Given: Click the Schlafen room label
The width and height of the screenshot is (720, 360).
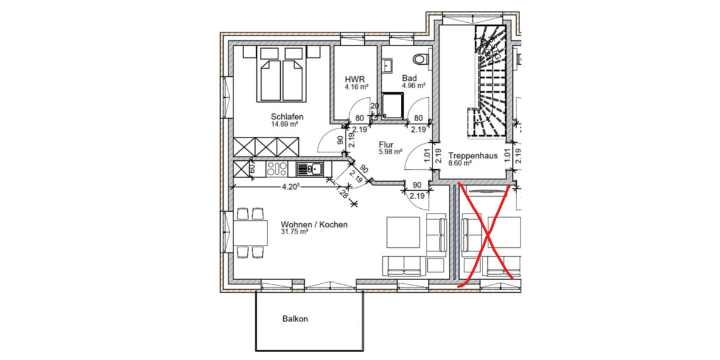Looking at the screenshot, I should point(287,116).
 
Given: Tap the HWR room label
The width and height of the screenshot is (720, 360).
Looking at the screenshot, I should point(352,79).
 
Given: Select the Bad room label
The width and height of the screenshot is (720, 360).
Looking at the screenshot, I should point(410,78).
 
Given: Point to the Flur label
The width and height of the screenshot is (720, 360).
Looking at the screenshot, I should point(386,145).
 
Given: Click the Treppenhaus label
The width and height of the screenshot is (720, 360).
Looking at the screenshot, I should point(473,155).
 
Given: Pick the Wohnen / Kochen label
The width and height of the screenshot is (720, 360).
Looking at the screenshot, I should point(314,224).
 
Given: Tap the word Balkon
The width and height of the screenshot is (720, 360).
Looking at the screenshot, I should point(295,319).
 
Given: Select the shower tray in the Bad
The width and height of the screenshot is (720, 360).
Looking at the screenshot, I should point(394,107).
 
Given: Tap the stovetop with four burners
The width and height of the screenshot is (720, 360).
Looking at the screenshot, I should point(278,169).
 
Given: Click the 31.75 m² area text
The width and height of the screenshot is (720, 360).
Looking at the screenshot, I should point(294,233).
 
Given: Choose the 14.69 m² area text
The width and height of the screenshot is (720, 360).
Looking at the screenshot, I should point(285,124).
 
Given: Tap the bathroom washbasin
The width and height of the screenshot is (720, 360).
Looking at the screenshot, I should point(388,64).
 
